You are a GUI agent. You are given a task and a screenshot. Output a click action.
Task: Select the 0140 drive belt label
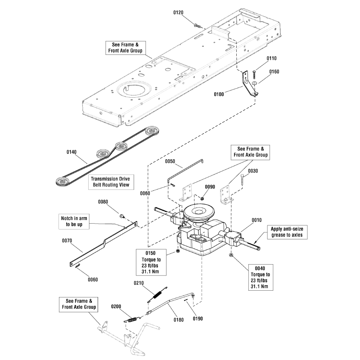click(x=72, y=152)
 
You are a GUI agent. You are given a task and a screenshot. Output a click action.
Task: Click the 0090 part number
click(x=210, y=186)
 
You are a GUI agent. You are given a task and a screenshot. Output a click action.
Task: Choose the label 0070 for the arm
click(x=67, y=240)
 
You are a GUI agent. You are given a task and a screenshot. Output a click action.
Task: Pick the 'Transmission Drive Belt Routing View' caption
click(x=111, y=182)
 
